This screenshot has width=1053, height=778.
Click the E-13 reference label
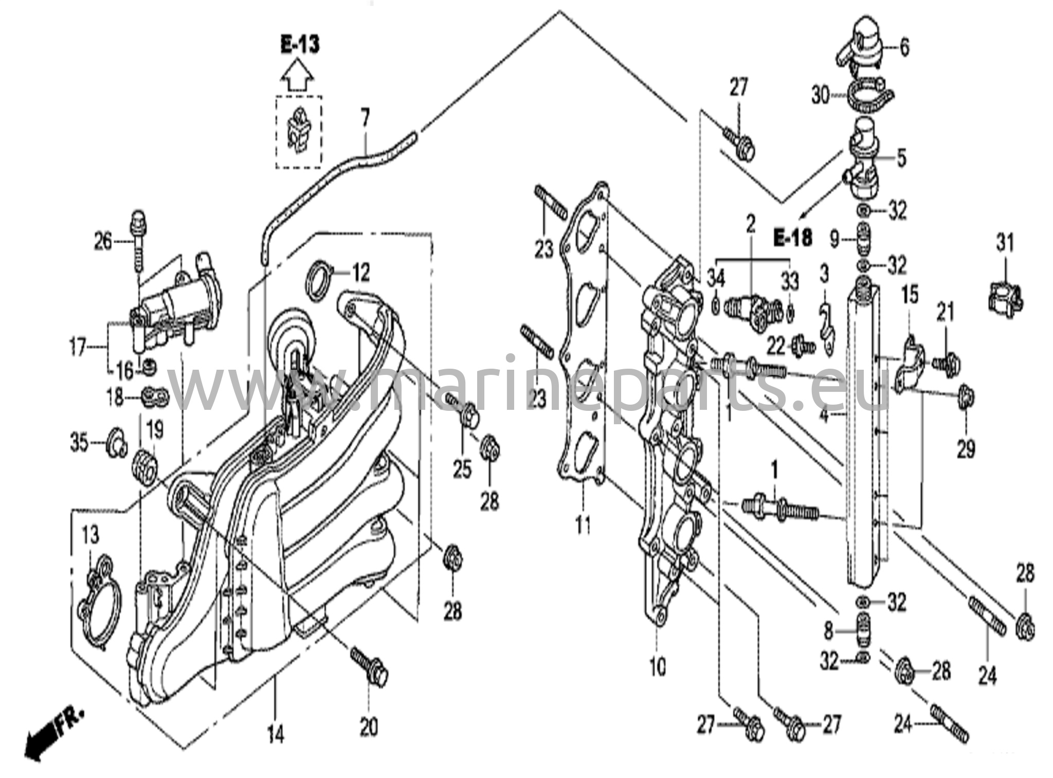tap(300, 45)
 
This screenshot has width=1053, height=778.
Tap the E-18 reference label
tap(793, 238)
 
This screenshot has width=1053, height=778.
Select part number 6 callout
tap(903, 47)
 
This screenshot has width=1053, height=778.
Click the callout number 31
tap(1005, 243)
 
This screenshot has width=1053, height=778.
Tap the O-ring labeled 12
tap(320, 280)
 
